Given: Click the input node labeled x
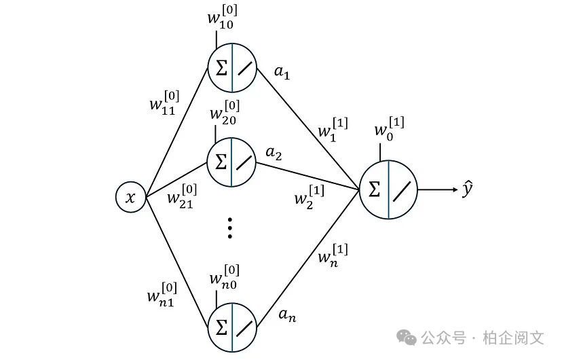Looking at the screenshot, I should (130, 197).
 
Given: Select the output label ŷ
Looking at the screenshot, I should (468, 190).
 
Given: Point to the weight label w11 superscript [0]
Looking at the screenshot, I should (164, 104).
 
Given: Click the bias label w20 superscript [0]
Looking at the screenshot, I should (225, 111).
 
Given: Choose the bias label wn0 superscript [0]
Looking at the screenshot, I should (224, 276).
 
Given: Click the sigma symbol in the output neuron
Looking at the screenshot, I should (375, 190).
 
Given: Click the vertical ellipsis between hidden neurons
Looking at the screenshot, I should (230, 228).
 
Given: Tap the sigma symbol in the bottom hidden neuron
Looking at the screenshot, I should (221, 327).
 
